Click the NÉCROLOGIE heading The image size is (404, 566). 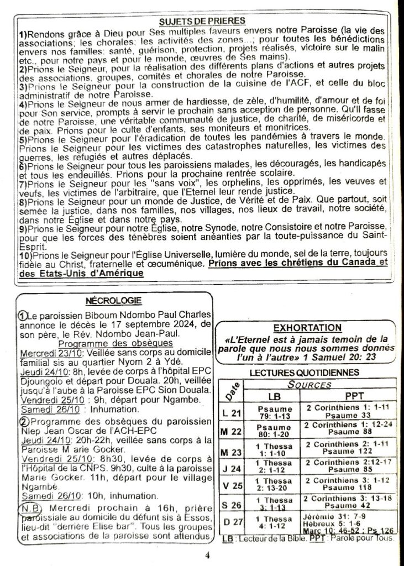(114, 301)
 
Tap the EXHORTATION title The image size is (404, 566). (308, 328)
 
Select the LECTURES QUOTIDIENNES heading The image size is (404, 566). (304, 373)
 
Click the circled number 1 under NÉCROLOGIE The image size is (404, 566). (22, 315)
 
